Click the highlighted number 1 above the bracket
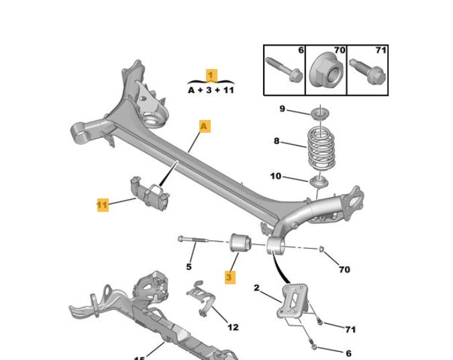[x=211, y=76]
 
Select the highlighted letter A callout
[x=204, y=125]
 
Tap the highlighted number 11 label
[x=102, y=205]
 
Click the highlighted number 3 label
[x=230, y=276]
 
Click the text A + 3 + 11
[x=211, y=90]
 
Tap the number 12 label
[x=233, y=327]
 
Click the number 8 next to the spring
[x=276, y=141]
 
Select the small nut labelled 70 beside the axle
[x=323, y=250]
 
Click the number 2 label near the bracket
[x=256, y=288]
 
